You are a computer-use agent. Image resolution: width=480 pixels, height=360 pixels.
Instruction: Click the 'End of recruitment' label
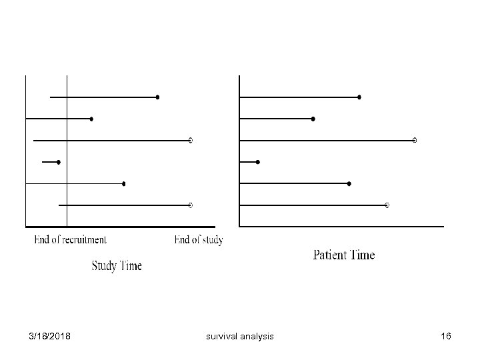click(x=70, y=240)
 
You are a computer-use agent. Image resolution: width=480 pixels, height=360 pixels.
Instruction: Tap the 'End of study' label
click(x=198, y=240)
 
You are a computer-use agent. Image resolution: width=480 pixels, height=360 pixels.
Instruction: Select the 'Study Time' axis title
click(x=117, y=266)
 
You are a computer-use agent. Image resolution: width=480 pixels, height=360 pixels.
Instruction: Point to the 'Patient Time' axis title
click(x=344, y=255)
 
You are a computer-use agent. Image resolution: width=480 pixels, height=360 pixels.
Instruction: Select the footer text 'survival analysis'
click(x=240, y=337)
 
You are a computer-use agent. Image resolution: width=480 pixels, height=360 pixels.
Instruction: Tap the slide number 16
click(x=446, y=337)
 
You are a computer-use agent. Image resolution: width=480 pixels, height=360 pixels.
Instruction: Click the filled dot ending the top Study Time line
click(x=157, y=97)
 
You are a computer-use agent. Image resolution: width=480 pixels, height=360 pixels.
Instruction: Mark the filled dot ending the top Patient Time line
click(x=359, y=97)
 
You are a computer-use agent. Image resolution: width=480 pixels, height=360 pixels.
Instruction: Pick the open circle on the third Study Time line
click(x=191, y=141)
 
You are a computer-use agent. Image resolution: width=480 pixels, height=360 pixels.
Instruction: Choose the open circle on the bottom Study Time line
click(x=191, y=205)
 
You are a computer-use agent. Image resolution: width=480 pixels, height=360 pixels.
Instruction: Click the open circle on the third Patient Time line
click(x=415, y=141)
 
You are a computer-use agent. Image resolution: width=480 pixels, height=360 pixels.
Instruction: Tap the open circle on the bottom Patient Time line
click(x=387, y=205)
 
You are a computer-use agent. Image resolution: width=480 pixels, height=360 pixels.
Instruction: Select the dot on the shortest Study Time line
click(x=59, y=162)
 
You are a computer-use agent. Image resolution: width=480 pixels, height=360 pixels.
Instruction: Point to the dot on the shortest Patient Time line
click(x=258, y=162)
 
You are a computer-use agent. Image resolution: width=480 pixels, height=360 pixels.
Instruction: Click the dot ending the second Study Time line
click(x=91, y=119)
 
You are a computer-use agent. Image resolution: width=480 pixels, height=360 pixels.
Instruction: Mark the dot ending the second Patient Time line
click(x=313, y=119)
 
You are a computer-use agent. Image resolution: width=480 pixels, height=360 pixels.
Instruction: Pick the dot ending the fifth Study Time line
click(x=123, y=183)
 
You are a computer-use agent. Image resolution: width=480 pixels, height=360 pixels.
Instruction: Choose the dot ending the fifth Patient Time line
click(x=349, y=183)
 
